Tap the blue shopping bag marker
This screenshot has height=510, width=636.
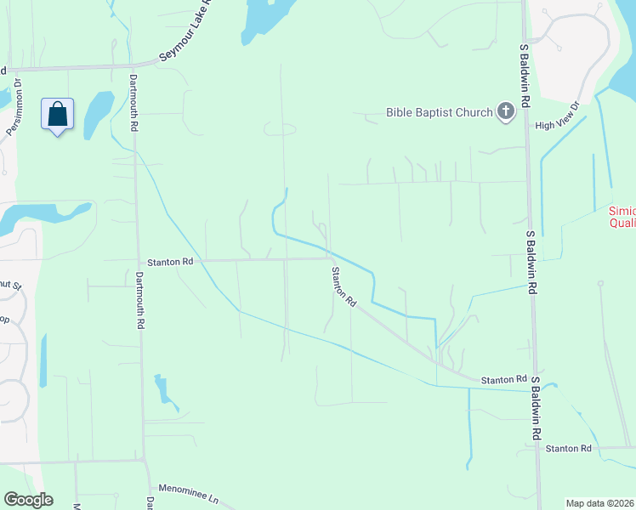tap(57, 115)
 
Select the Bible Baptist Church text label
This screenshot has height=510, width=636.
tap(439, 112)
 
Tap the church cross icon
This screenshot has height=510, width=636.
tap(506, 111)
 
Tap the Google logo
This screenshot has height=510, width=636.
tap(28, 500)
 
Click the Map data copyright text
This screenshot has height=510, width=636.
tap(599, 503)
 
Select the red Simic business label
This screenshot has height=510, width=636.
tap(622, 217)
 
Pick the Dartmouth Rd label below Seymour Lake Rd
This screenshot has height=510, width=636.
tap(133, 103)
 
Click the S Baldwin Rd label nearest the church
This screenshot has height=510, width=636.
tap(525, 76)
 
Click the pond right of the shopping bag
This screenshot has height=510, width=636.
tap(98, 110)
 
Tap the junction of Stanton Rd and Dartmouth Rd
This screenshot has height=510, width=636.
tap(139, 261)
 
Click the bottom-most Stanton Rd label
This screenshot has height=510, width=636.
tap(568, 448)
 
